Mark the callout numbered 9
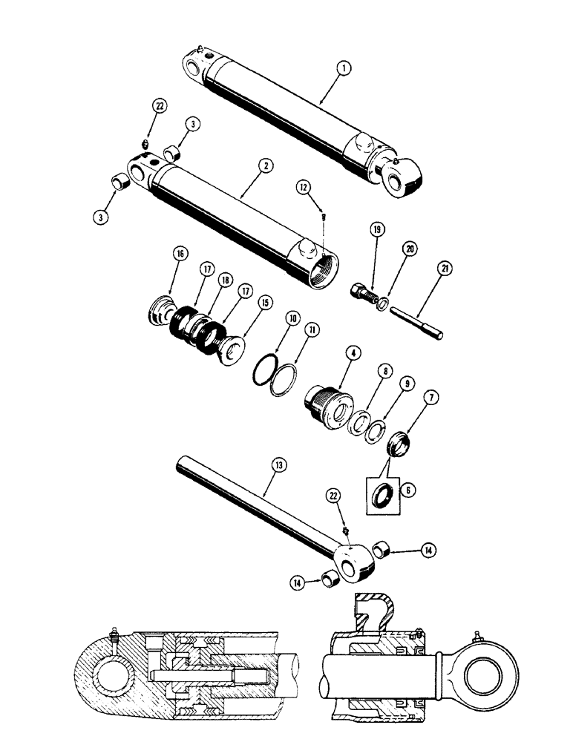(x=407, y=385)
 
